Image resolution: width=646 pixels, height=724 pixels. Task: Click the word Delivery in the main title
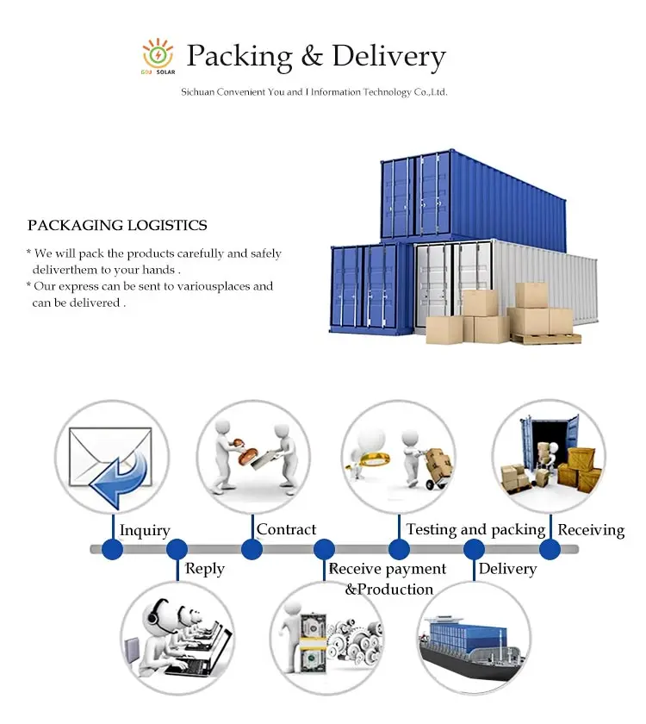(388, 57)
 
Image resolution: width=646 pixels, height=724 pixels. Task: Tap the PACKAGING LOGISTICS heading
(117, 226)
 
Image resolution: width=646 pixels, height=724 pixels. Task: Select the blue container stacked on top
(472, 197)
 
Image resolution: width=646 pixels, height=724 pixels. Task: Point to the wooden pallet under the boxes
(544, 338)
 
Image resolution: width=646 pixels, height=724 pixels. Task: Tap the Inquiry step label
(145, 530)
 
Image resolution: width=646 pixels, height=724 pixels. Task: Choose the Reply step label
(205, 569)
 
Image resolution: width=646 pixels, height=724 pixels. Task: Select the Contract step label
(286, 529)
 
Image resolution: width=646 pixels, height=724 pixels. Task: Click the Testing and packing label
(475, 529)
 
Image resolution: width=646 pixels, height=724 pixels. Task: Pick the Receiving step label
(591, 529)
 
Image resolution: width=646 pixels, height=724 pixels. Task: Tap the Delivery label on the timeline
(507, 569)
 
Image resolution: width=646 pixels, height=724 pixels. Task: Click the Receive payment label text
(388, 569)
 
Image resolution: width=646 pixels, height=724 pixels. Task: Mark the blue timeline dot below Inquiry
(112, 549)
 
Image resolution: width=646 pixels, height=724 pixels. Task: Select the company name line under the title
(314, 92)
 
